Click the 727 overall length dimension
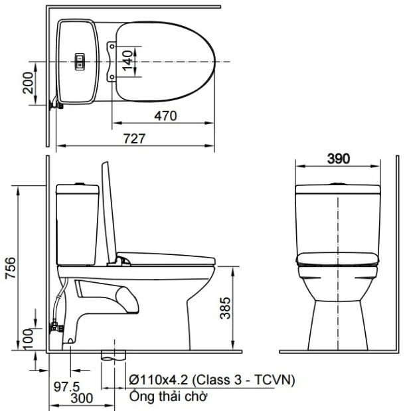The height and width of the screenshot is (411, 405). (x=134, y=139)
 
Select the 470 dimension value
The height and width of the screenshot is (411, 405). (x=165, y=116)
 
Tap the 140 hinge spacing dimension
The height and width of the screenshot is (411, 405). (x=127, y=61)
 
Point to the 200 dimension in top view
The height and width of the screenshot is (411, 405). (x=28, y=83)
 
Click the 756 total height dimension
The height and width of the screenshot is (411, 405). (x=11, y=268)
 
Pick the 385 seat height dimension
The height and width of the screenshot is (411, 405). (x=225, y=308)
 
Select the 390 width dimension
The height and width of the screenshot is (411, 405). (x=339, y=159)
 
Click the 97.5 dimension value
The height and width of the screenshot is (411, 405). (x=66, y=386)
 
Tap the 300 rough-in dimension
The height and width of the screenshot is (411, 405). (x=82, y=398)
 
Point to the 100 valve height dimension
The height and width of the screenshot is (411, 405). (x=28, y=339)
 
